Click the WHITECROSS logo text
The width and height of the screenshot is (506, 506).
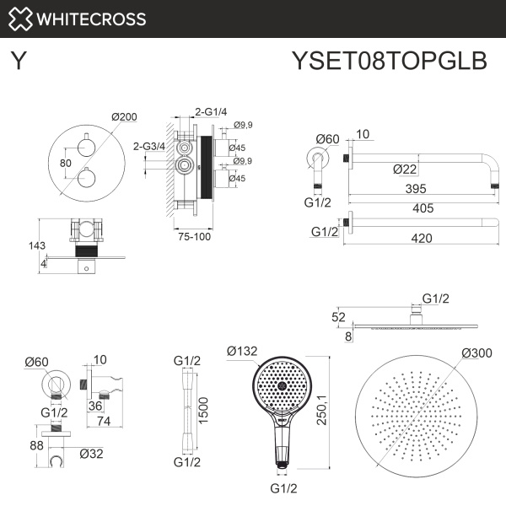click(93, 19)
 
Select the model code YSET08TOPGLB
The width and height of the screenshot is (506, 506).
click(389, 61)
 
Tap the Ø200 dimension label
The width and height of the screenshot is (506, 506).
click(123, 117)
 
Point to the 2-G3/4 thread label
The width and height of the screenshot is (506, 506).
click(149, 146)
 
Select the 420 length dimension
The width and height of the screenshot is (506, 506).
click(422, 239)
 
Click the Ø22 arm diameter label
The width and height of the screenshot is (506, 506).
click(406, 169)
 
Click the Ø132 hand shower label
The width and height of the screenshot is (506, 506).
click(244, 350)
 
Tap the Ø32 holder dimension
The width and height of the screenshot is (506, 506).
click(91, 453)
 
